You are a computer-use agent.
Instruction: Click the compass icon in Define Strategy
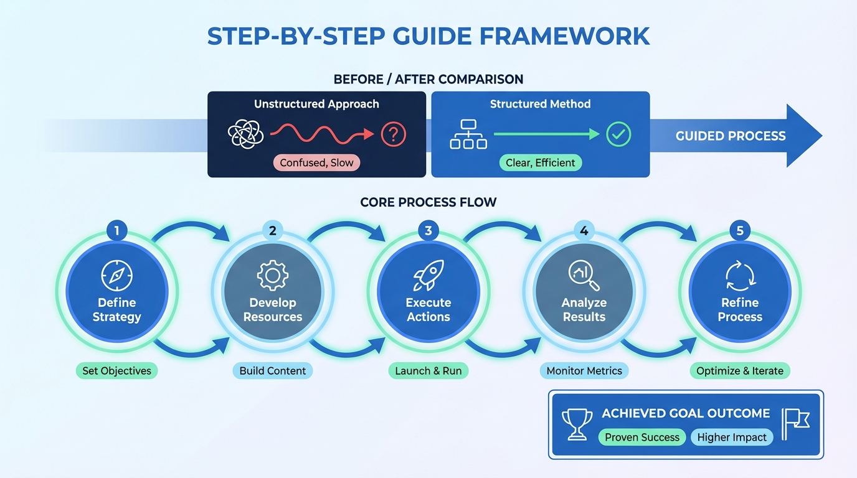[117, 276]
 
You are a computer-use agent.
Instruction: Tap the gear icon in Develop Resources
[273, 276]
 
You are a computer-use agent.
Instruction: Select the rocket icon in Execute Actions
[429, 276]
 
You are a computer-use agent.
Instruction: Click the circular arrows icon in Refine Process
[740, 276]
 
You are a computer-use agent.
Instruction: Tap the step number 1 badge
[117, 231]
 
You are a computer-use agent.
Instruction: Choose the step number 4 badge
[584, 231]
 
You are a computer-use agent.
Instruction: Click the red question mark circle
[393, 134]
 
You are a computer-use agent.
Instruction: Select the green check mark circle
[618, 134]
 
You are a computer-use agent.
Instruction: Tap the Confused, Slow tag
[316, 163]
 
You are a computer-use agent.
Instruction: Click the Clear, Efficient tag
[540, 163]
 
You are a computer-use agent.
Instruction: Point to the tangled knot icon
[244, 134]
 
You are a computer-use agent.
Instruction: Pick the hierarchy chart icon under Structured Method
[468, 134]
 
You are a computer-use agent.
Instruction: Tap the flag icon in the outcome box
[795, 424]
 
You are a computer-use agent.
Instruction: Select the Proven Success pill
[642, 437]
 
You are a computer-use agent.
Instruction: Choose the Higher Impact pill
[732, 437]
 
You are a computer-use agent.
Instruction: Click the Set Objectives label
[117, 371]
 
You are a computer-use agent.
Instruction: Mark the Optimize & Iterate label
[740, 371]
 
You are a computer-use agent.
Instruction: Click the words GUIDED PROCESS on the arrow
[730, 136]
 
